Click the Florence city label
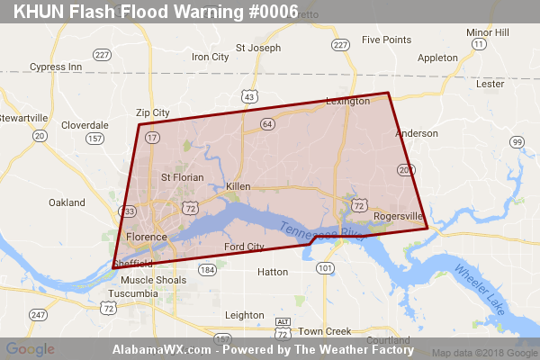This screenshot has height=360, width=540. click(x=146, y=237)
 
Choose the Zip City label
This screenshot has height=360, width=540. click(x=152, y=112)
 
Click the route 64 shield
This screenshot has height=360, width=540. click(x=267, y=123)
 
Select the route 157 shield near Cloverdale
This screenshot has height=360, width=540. click(x=94, y=139)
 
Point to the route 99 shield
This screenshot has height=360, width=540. click(x=517, y=142)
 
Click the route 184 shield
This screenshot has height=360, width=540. click(x=208, y=270)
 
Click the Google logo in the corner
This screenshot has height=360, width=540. click(x=30, y=348)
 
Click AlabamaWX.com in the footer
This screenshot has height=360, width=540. click(x=162, y=348)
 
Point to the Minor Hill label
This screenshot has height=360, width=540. click(x=487, y=32)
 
